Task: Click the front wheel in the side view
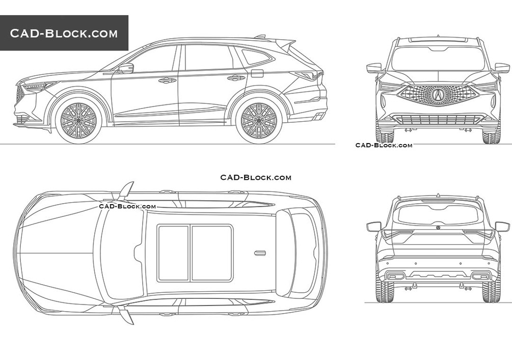tap(78, 121)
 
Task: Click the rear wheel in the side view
tap(259, 121)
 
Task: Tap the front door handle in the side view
tap(167, 80)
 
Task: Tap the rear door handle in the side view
tap(236, 78)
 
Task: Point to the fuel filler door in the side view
tap(257, 73)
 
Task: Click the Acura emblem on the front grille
tap(438, 95)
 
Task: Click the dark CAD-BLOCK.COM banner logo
tap(64, 33)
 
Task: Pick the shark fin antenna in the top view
tap(260, 253)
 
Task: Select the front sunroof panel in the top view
tap(173, 253)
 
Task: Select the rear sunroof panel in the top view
tap(212, 253)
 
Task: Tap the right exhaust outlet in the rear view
tap(480, 276)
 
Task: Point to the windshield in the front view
tap(438, 59)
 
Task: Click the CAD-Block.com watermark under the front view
tap(384, 145)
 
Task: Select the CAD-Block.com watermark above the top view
tap(256, 178)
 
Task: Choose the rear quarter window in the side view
tap(256, 57)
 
